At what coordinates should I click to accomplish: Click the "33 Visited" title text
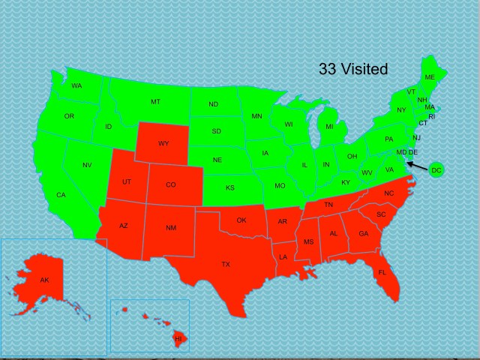353,70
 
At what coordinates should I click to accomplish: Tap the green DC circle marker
436,171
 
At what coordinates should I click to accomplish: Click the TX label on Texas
226,264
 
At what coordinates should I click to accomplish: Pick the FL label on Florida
382,272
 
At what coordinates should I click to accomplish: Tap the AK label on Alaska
44,280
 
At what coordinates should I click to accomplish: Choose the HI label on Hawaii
178,339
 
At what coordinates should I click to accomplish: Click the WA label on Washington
76,86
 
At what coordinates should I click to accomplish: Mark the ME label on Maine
430,77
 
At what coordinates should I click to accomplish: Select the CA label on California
61,195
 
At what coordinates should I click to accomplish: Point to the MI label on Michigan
329,127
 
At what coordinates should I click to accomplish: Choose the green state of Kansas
229,187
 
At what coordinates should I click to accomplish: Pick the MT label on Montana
155,101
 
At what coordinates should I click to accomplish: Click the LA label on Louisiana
283,257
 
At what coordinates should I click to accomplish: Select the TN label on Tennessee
328,205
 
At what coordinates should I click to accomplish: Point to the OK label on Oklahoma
241,220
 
